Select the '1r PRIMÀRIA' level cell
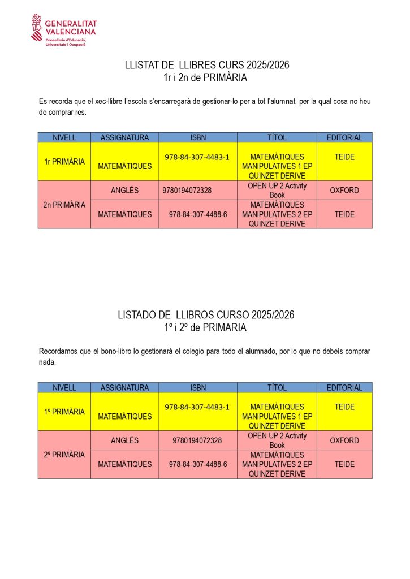tap(64, 162)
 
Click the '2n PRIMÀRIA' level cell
tap(64, 205)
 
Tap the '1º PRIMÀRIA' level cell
tap(64, 412)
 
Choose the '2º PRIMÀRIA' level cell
tap(64, 455)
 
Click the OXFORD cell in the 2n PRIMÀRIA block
tap(344, 191)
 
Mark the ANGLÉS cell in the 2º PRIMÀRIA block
tap(124, 440)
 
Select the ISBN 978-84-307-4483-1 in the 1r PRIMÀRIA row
tap(197, 157)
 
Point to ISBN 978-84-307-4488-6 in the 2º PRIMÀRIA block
tap(198, 464)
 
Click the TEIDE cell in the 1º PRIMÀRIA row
tap(344, 407)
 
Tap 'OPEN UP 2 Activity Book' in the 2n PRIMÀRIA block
tap(277, 190)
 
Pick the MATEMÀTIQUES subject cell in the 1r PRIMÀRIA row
tap(124, 166)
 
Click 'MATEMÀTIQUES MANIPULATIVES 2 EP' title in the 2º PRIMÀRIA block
tap(277, 464)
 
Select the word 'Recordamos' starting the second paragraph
tap(58, 351)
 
